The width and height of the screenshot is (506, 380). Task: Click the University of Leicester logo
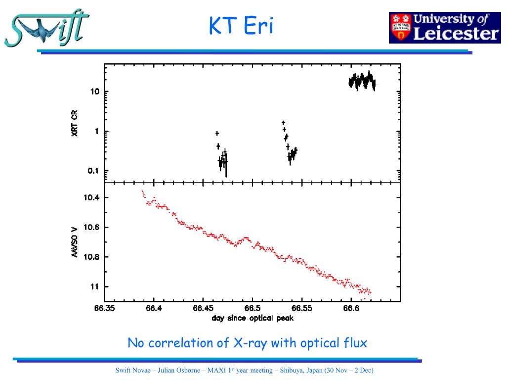coord(444,28)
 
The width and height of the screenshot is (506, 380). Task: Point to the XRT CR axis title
coord(75,123)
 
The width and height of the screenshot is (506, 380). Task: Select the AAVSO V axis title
coord(75,242)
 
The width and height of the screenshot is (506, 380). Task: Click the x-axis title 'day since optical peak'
coord(253,318)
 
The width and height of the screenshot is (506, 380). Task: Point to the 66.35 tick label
coord(105,308)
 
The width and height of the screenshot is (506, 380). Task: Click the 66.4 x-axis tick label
coord(154,308)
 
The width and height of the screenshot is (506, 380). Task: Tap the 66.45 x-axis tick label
coord(203,308)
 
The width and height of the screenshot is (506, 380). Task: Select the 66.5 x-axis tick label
coord(253,308)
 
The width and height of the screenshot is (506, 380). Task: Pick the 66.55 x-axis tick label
coord(301,308)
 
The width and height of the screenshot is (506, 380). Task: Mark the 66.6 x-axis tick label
coord(351,308)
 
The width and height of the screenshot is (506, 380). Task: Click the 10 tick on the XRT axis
coord(95,92)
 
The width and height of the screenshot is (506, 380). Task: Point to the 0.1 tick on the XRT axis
coord(93,171)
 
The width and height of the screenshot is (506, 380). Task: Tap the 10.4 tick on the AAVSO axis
coord(91,198)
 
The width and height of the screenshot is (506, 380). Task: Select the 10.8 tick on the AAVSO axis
coord(91,257)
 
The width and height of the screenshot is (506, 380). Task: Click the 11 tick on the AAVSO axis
coord(94,286)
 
